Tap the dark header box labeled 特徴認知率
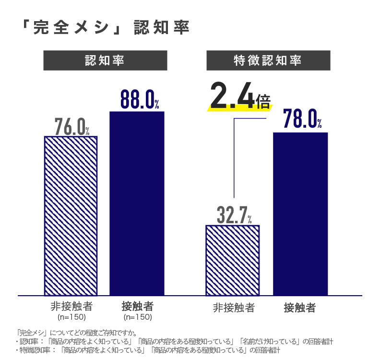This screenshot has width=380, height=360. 268,60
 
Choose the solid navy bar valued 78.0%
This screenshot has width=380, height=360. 300,214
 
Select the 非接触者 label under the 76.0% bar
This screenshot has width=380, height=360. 71,307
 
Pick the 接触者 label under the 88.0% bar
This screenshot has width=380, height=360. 138,307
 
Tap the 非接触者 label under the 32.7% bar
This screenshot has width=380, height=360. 234,308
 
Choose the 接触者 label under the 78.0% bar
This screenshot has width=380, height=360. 300,308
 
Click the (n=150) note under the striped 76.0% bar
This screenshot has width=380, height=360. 71,317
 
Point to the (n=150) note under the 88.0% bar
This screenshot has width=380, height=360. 138,317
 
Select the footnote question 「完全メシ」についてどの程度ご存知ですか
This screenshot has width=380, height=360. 76,332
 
